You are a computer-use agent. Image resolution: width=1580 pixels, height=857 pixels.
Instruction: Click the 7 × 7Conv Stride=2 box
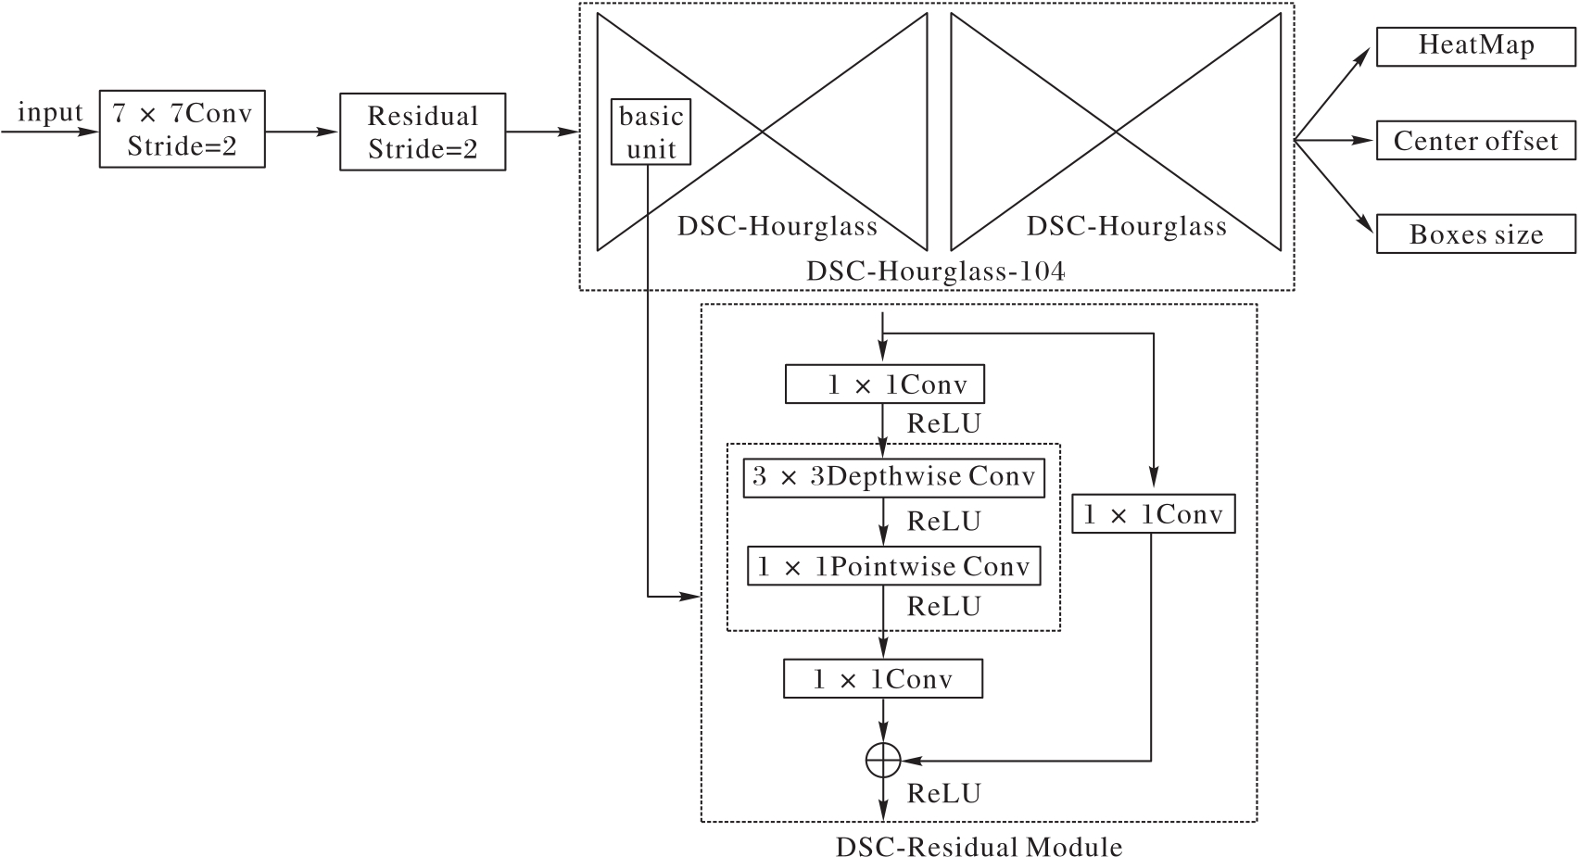pyautogui.click(x=182, y=129)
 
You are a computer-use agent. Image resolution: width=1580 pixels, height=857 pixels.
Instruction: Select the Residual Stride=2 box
pyautogui.click(x=423, y=132)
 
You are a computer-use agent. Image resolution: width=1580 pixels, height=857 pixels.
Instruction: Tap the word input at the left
pyautogui.click(x=50, y=113)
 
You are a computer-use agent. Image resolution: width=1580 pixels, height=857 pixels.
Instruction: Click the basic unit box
pyautogui.click(x=651, y=132)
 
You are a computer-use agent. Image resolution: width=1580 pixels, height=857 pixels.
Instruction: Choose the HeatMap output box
pyautogui.click(x=1475, y=46)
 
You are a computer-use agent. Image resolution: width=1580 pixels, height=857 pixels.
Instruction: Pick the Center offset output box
pyautogui.click(x=1475, y=141)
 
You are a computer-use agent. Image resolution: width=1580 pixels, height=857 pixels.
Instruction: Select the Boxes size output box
pyautogui.click(x=1475, y=234)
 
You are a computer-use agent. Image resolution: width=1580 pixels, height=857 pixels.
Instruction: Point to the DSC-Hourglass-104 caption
pyautogui.click(x=935, y=271)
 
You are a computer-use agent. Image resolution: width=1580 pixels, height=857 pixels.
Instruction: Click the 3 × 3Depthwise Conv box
pyautogui.click(x=893, y=477)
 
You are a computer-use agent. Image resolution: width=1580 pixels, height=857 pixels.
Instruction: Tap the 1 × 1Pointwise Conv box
pyautogui.click(x=893, y=566)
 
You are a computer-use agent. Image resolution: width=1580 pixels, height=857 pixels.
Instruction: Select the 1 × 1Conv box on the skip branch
pyautogui.click(x=1153, y=514)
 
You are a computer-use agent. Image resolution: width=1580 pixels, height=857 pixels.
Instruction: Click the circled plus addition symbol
pyautogui.click(x=883, y=761)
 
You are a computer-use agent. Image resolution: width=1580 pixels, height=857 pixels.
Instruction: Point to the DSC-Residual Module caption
pyautogui.click(x=979, y=847)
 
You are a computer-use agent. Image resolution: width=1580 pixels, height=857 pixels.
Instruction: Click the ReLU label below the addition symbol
pyautogui.click(x=943, y=794)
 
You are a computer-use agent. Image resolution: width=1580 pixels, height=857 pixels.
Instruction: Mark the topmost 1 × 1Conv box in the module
pyautogui.click(x=884, y=384)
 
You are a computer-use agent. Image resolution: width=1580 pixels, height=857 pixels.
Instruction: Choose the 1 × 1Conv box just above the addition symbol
pyautogui.click(x=882, y=679)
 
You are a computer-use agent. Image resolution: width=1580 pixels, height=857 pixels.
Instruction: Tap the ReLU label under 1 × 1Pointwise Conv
pyautogui.click(x=943, y=607)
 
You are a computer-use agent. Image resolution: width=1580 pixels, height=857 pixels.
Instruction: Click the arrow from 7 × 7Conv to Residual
pyautogui.click(x=302, y=132)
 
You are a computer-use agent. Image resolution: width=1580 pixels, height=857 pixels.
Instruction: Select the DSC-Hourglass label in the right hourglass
pyautogui.click(x=1126, y=226)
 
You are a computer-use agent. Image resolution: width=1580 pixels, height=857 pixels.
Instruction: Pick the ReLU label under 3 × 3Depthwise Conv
pyautogui.click(x=943, y=522)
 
